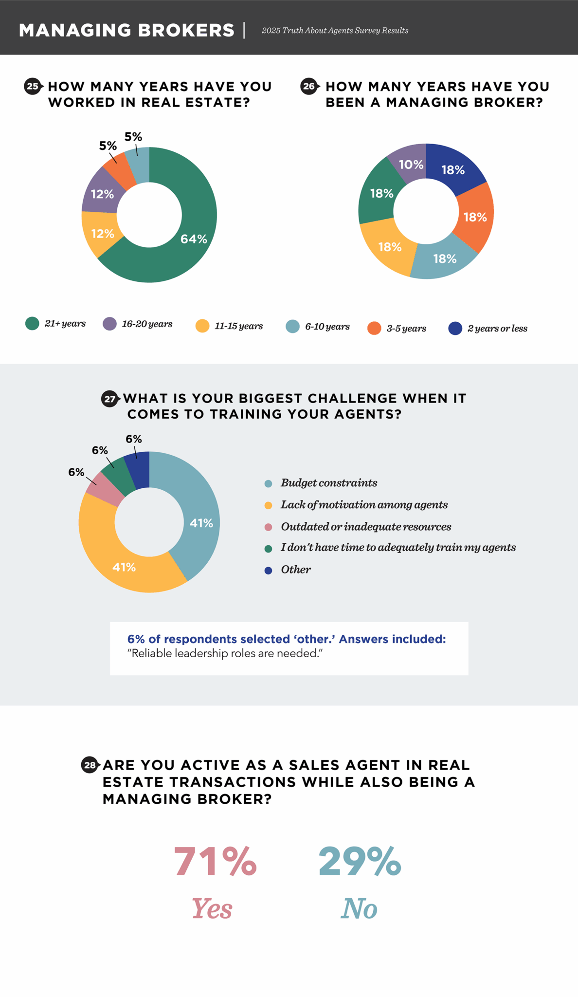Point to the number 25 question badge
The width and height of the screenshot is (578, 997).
click(x=33, y=87)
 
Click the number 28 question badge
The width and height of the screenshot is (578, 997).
click(x=90, y=765)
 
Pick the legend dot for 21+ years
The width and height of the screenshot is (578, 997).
click(x=32, y=323)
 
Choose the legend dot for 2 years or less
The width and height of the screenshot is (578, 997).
click(x=455, y=328)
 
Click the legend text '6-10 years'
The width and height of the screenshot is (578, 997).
click(x=327, y=326)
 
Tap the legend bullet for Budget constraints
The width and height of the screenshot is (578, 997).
click(x=268, y=483)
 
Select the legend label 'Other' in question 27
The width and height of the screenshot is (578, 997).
click(x=295, y=570)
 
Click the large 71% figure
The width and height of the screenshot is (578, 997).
click(x=215, y=861)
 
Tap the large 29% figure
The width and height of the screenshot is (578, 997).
click(x=360, y=861)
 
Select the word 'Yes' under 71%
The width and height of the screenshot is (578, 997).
click(x=212, y=908)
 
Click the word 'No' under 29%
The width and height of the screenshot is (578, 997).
click(x=359, y=908)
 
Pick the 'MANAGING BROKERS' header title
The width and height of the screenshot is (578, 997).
click(x=126, y=30)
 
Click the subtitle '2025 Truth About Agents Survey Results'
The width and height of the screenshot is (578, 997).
click(x=335, y=31)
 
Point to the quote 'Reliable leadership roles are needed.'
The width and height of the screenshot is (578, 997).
click(x=225, y=653)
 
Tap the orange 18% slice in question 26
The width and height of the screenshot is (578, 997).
click(x=475, y=217)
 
